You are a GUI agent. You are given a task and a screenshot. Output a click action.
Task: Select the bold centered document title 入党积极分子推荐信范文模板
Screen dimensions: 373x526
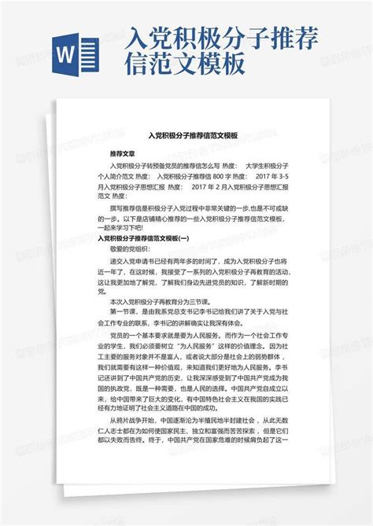pos(186,135)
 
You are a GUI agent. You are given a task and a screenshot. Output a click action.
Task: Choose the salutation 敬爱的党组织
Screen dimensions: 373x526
pos(130,248)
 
